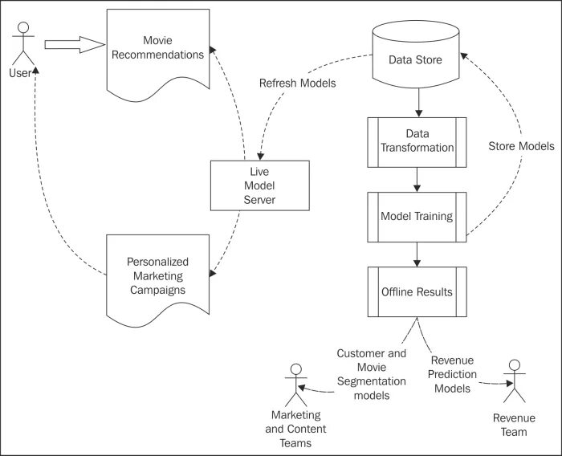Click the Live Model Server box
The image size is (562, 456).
[260, 185]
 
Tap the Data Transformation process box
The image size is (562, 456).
[417, 142]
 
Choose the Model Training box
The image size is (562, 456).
[417, 217]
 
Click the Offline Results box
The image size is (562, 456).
[417, 291]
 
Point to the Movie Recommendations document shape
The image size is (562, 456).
[158, 54]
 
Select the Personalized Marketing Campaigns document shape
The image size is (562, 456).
[157, 279]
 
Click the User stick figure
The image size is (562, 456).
[23, 43]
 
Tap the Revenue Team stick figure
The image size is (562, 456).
[515, 381]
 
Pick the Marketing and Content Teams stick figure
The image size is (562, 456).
[296, 385]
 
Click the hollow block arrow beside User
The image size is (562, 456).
[75, 44]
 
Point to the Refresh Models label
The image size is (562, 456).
[298, 83]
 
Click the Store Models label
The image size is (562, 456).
[522, 146]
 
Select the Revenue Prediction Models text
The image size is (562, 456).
[452, 374]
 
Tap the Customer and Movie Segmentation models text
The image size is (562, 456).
[372, 374]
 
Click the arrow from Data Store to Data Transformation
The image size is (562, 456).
[418, 103]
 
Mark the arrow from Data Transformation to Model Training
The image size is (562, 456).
[417, 180]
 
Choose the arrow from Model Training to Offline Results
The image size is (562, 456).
[417, 254]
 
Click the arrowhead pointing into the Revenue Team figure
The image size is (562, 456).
[510, 383]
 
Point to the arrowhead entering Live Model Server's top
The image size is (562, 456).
[261, 157]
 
